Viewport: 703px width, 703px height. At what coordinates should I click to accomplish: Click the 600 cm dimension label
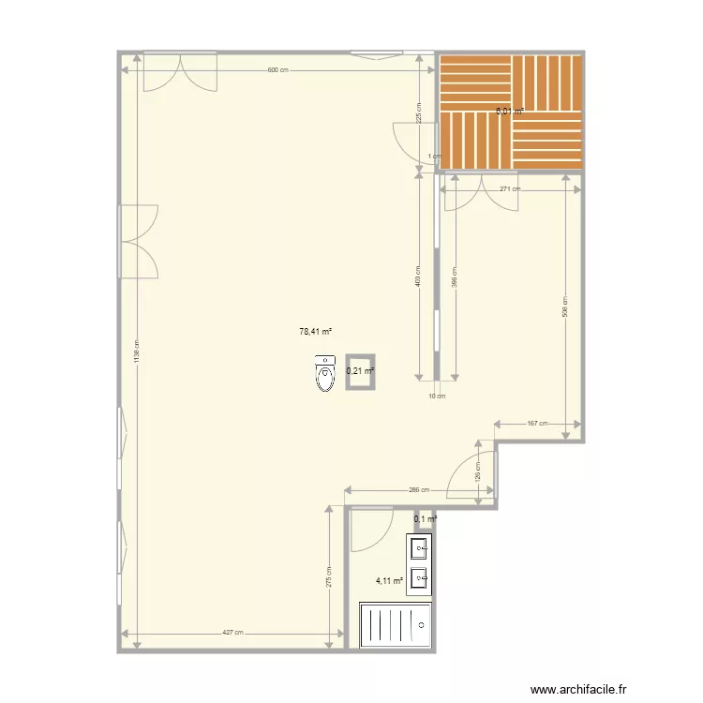(x=277, y=70)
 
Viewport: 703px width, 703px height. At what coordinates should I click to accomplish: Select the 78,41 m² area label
(x=316, y=331)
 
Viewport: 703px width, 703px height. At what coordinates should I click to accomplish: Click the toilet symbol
(x=325, y=374)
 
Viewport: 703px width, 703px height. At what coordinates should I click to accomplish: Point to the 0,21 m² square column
(x=360, y=371)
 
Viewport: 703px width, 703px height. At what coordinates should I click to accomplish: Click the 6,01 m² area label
(x=509, y=112)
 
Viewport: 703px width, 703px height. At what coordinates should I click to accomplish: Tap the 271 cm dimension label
(x=509, y=189)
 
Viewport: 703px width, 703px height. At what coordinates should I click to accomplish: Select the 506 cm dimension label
(x=565, y=307)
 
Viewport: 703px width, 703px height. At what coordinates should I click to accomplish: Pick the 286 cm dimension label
(x=419, y=489)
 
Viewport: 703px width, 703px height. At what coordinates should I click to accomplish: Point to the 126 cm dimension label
(x=477, y=470)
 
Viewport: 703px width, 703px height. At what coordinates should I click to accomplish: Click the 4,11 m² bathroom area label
(x=389, y=581)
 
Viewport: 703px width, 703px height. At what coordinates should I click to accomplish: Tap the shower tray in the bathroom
(x=396, y=624)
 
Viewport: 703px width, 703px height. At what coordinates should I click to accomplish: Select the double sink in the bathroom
(x=419, y=564)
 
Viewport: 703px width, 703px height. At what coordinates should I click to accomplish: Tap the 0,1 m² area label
(x=426, y=519)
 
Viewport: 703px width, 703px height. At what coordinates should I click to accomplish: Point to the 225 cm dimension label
(x=419, y=112)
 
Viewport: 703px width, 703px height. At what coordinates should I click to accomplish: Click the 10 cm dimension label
(x=437, y=396)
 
